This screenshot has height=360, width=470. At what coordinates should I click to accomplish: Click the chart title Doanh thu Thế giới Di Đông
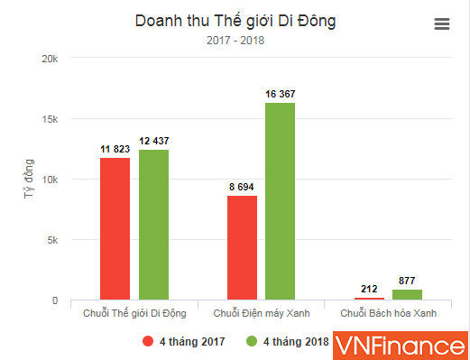(x=234, y=20)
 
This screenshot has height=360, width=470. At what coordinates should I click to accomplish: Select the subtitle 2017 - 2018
(x=234, y=40)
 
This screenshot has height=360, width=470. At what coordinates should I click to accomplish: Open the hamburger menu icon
(x=442, y=24)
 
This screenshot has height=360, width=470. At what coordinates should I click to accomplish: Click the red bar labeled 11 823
(x=115, y=229)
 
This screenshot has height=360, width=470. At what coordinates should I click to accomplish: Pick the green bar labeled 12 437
(x=153, y=225)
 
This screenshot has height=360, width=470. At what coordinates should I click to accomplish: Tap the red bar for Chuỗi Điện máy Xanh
(x=243, y=247)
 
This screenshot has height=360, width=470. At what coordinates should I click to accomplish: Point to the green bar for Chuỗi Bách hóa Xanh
(x=408, y=295)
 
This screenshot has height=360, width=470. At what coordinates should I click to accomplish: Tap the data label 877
(x=408, y=280)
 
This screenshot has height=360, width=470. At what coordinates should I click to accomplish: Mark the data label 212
(x=370, y=289)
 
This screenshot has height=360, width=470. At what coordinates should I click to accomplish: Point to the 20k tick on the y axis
(x=51, y=59)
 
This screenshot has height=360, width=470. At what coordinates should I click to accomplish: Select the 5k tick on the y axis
(x=53, y=240)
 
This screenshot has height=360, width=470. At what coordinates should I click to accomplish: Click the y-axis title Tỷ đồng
(x=29, y=180)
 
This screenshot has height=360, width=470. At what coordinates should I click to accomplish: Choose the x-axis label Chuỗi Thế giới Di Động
(x=134, y=313)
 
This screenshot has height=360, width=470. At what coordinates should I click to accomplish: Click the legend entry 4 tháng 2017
(x=184, y=341)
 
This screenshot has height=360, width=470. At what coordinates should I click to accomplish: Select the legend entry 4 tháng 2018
(x=286, y=341)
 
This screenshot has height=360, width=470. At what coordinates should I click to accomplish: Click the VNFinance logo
(x=400, y=344)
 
